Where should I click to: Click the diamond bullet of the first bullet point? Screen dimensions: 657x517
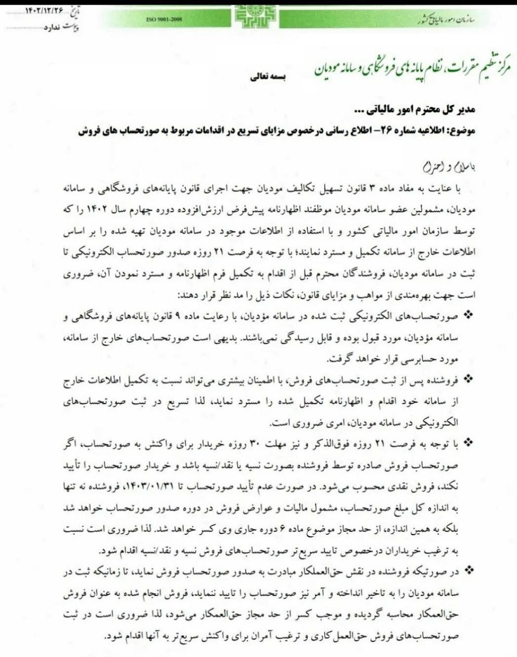[468, 314]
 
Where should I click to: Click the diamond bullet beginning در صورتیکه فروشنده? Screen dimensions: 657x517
[468, 571]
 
